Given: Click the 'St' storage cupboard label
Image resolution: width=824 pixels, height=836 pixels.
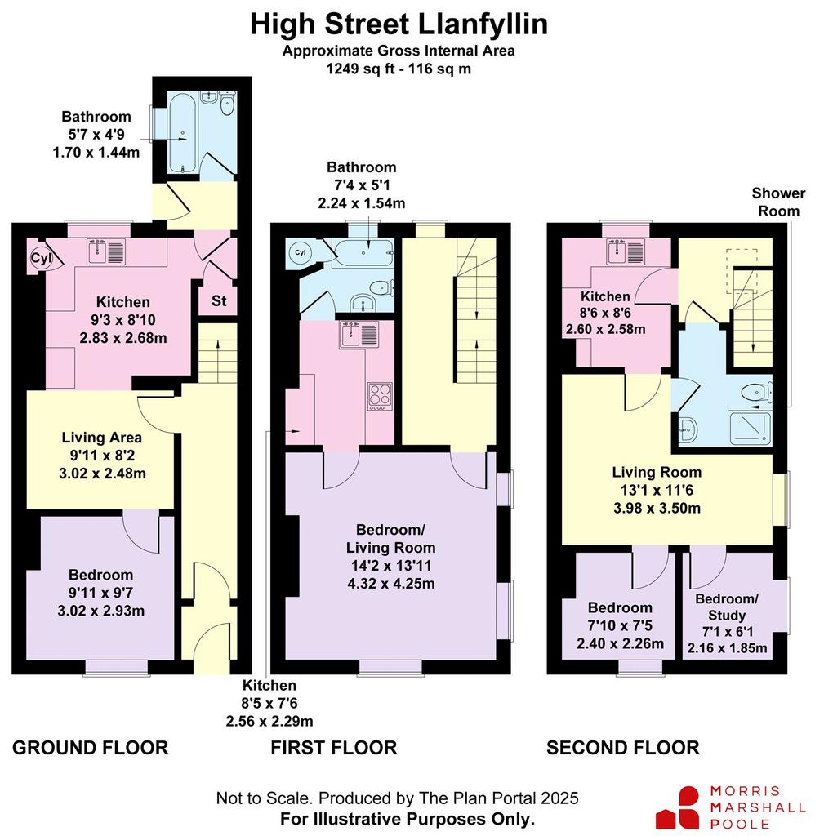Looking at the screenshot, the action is [219, 300].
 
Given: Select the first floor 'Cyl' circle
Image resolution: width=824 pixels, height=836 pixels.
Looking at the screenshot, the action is [301, 252].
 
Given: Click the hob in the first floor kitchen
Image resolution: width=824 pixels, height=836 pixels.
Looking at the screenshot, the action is [380, 397].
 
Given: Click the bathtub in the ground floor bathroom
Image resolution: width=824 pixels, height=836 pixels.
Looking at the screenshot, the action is [183, 133].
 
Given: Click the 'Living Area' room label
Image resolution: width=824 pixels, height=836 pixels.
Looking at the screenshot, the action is [102, 438].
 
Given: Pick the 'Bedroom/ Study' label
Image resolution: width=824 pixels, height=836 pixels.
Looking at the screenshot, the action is [726, 607].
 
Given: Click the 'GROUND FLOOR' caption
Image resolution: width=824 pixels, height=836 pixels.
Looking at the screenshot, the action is [90, 748].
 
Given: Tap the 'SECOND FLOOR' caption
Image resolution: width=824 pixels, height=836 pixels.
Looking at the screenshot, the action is [623, 748].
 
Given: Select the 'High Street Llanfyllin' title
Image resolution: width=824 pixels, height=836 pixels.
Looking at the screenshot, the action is [399, 24].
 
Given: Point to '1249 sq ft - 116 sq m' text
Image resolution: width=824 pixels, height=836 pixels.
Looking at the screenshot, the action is [399, 69].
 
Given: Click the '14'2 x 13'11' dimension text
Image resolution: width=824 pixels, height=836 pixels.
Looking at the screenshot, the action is [391, 566].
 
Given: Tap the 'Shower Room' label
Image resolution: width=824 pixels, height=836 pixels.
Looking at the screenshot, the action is [778, 202].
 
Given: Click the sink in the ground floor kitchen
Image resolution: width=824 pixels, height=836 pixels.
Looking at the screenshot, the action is [107, 251].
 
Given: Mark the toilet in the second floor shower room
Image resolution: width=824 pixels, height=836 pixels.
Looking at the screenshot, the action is [757, 393].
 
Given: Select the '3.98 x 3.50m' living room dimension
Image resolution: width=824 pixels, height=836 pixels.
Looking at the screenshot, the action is [657, 508].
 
